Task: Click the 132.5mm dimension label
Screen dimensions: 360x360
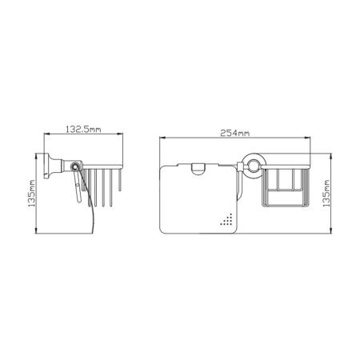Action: [83, 130]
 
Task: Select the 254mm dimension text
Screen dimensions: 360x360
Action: [235, 133]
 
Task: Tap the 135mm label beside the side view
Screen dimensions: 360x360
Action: [31, 194]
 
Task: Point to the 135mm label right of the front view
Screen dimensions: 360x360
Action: [326, 194]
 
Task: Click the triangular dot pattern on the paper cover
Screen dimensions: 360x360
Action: [226, 219]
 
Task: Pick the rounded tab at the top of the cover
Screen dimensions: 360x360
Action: [198, 169]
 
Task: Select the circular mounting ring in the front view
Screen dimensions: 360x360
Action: [253, 166]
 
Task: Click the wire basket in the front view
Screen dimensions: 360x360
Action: [286, 186]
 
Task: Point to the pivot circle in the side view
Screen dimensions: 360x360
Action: [75, 167]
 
